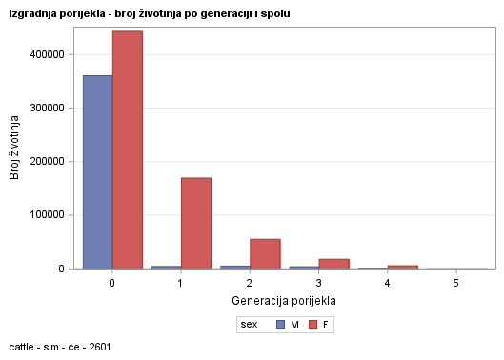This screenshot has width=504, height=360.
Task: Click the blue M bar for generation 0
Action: click(x=97, y=171)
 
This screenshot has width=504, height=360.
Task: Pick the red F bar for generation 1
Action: click(x=196, y=223)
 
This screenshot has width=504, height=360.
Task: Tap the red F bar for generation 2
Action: click(x=265, y=253)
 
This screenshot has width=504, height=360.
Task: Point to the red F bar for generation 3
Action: click(x=333, y=263)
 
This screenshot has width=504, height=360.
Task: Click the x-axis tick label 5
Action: click(x=455, y=284)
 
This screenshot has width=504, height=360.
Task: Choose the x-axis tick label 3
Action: click(x=318, y=284)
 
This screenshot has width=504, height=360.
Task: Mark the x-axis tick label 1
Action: click(x=181, y=284)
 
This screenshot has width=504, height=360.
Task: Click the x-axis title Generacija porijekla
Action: click(x=284, y=301)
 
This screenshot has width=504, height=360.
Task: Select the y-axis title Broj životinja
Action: click(x=15, y=148)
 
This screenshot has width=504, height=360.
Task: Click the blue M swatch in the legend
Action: click(x=280, y=325)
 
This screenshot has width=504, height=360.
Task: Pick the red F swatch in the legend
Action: click(x=312, y=325)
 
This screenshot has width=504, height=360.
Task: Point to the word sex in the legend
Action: click(x=250, y=325)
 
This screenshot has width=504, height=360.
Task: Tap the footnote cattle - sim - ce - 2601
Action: click(x=59, y=347)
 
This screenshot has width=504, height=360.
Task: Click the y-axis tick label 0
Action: click(x=61, y=269)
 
